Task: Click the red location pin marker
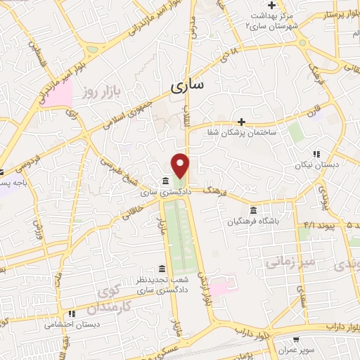(181, 165)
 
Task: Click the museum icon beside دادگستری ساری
(165, 180)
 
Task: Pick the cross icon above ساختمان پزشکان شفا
(242, 120)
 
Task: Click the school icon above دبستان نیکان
(316, 154)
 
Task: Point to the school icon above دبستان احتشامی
(71, 313)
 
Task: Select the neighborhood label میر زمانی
(286, 262)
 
